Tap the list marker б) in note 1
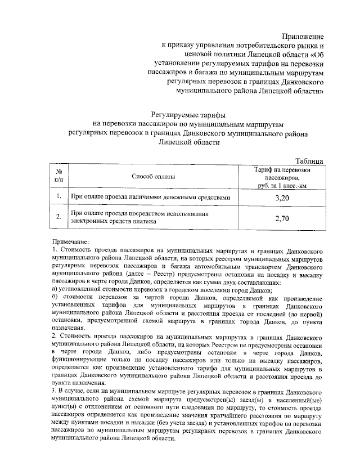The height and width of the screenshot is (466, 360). pyautogui.click(x=55, y=296)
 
